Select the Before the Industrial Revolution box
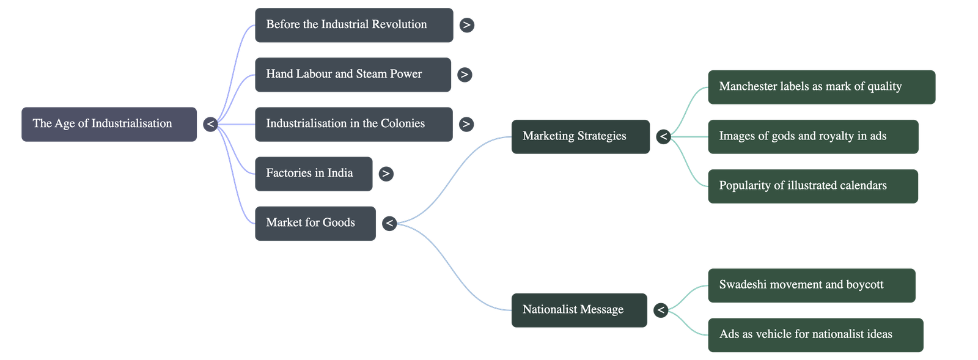pyautogui.click(x=353, y=25)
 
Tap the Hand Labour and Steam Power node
pyautogui.click(x=353, y=75)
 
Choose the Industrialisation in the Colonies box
pyautogui.click(x=353, y=124)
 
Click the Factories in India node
pyautogui.click(x=313, y=174)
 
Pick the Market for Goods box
pyautogui.click(x=315, y=223)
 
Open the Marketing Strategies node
pyautogui.click(x=580, y=136)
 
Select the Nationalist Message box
pyautogui.click(x=578, y=310)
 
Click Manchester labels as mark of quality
pyautogui.click(x=821, y=87)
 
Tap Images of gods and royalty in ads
pyautogui.click(x=812, y=136)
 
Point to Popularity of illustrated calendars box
pyautogui.click(x=812, y=186)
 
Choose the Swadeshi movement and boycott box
pyautogui.click(x=811, y=285)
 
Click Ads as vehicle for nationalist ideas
pyautogui.click(x=815, y=334)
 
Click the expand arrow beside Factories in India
pyautogui.click(x=385, y=174)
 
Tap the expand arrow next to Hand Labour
pyautogui.click(x=465, y=75)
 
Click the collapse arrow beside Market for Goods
pyautogui.click(x=389, y=223)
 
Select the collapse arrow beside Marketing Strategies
pyautogui.click(x=663, y=136)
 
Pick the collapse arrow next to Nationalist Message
pyautogui.click(x=660, y=310)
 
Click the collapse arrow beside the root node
pyautogui.click(x=210, y=124)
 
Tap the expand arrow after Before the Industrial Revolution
pyautogui.click(x=466, y=25)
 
